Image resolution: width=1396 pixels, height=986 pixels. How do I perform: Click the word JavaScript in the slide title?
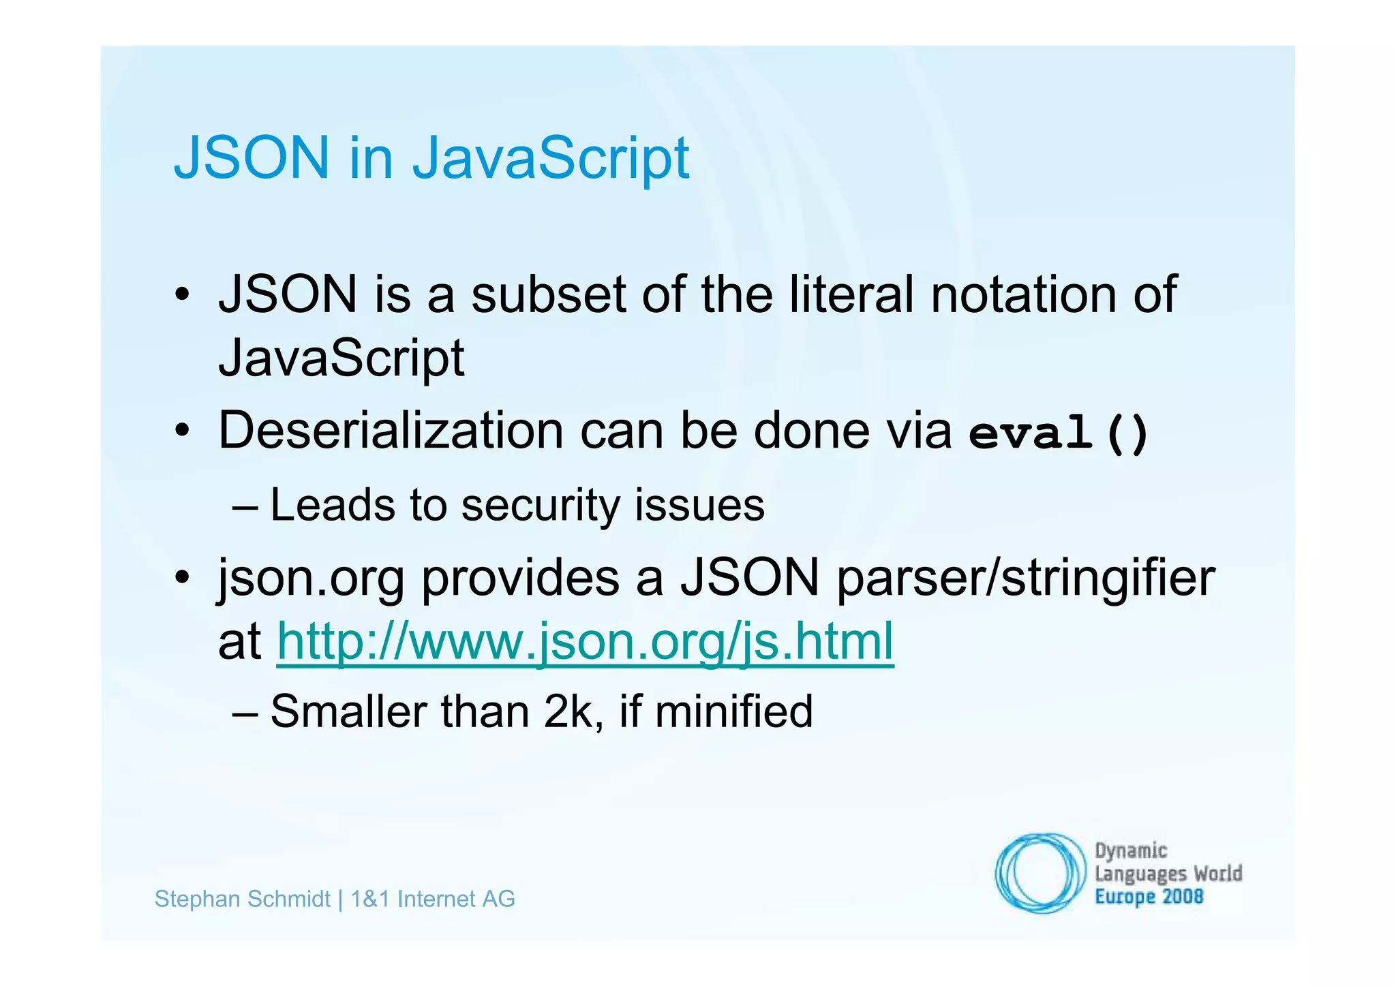click(x=551, y=158)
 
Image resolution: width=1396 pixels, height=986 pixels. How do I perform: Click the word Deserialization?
click(x=391, y=431)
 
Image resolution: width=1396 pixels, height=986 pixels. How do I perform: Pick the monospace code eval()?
click(x=1059, y=433)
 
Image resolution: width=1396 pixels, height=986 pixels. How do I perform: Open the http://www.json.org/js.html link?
click(x=585, y=642)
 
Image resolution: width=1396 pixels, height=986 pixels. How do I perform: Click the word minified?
click(x=733, y=711)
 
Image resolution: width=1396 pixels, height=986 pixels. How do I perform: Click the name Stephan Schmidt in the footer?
click(x=243, y=899)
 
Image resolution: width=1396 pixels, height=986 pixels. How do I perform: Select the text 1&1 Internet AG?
click(x=432, y=899)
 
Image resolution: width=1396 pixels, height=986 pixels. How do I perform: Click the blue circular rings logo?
click(x=1040, y=873)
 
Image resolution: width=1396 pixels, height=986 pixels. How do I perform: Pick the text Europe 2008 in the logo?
click(x=1149, y=897)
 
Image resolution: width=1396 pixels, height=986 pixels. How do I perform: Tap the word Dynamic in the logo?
click(x=1131, y=851)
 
